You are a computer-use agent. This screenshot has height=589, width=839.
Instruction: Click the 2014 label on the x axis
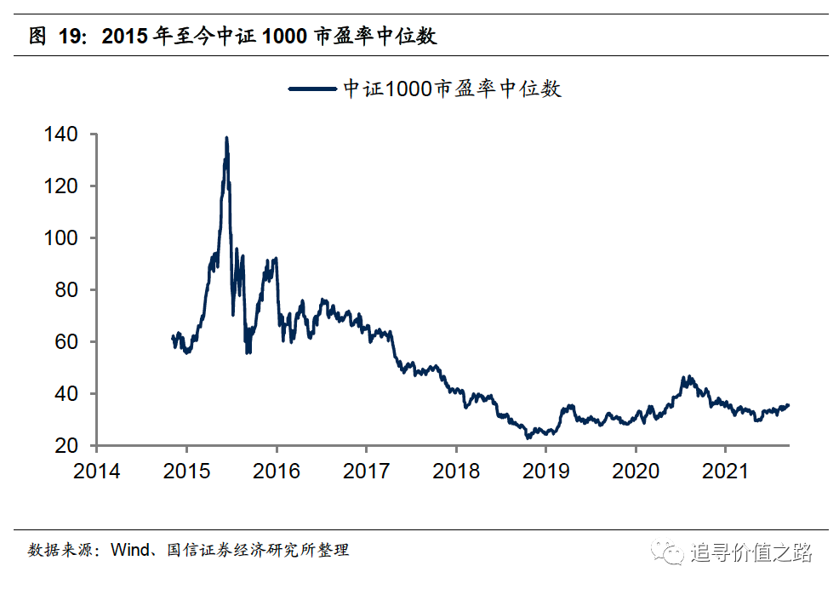tap(97, 471)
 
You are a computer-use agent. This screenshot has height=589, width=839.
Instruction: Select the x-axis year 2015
tap(186, 471)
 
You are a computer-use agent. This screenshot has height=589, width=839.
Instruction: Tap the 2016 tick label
tap(277, 471)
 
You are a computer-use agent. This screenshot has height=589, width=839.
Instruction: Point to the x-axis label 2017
tap(366, 471)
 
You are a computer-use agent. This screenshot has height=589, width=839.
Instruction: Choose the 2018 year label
tap(456, 471)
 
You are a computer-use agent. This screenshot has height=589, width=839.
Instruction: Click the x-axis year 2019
tap(545, 471)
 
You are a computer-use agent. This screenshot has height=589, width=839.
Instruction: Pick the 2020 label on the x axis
tap(636, 471)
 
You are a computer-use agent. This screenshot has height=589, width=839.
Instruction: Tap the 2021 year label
tap(725, 471)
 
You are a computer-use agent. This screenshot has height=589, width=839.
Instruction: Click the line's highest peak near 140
tap(226, 138)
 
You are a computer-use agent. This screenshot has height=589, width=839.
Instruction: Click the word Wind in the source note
tap(128, 550)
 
